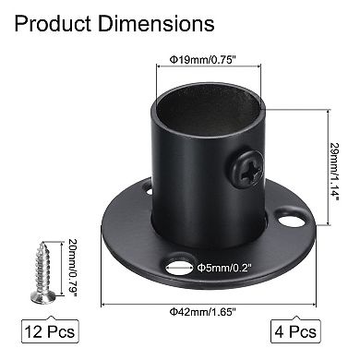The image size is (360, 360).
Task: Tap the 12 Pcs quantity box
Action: (x=46, y=328)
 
